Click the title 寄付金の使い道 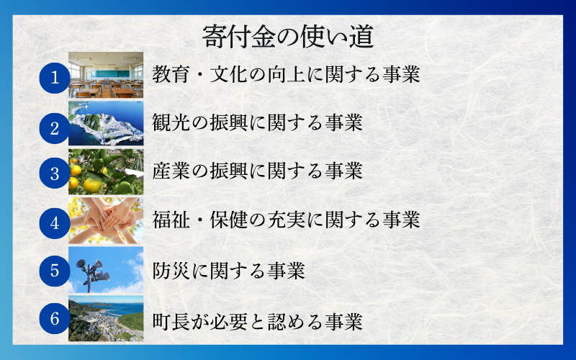point(287,35)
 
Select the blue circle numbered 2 point(55,127)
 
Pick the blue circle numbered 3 point(55,174)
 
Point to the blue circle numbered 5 point(55,271)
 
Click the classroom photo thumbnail point(106,74)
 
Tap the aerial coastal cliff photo point(106,123)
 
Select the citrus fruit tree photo point(106,172)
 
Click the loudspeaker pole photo point(106,270)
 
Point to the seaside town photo point(106,318)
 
